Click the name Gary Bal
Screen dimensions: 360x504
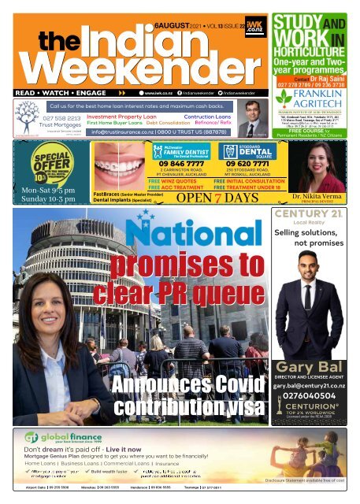point(314,368)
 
